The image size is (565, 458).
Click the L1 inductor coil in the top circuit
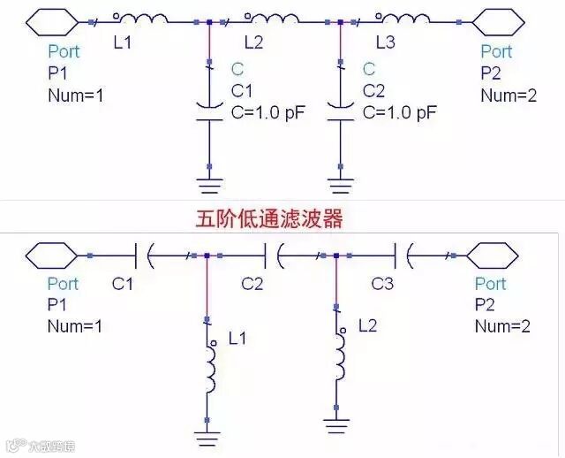tap(141, 18)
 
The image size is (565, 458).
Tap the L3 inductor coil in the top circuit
tap(405, 18)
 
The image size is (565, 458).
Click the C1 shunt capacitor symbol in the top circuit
tap(208, 109)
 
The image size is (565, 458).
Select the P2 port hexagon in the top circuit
tap(497, 19)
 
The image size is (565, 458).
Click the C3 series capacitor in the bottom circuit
tap(405, 256)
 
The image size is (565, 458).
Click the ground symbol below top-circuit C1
tap(209, 185)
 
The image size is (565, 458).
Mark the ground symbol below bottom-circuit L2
tap(336, 429)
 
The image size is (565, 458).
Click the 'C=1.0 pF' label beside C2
tap(400, 112)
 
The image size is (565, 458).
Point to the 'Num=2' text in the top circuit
tap(508, 95)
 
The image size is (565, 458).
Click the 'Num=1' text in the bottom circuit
tap(75, 326)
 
